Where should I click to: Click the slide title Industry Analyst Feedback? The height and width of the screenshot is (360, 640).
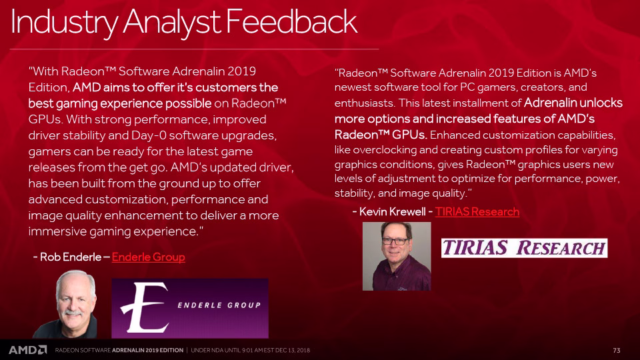click(x=184, y=22)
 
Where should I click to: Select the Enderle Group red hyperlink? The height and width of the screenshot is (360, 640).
click(x=148, y=257)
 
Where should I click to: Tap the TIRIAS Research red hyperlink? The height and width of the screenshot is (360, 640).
click(x=477, y=211)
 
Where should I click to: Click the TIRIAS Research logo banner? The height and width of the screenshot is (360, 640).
click(x=524, y=248)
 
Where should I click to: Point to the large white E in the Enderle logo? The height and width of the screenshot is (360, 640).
click(x=145, y=307)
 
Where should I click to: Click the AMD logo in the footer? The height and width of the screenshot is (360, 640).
click(x=28, y=350)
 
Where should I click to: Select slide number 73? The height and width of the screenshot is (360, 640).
click(x=616, y=350)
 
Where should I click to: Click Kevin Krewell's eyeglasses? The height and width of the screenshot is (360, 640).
click(x=395, y=241)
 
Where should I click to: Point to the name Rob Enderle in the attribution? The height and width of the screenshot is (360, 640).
click(x=71, y=257)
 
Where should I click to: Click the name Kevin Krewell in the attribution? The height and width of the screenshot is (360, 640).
click(x=392, y=211)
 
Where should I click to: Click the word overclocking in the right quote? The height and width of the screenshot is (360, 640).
click(x=384, y=150)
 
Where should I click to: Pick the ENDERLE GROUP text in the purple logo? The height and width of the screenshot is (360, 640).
click(x=219, y=305)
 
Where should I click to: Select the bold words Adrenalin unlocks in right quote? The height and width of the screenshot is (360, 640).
click(x=573, y=103)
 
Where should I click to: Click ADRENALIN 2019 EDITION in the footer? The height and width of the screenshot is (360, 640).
click(x=148, y=350)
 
